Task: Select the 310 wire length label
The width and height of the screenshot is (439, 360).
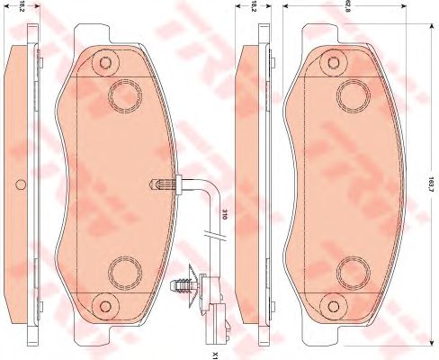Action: point(222,215)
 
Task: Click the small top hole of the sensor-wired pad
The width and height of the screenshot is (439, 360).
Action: point(107,62)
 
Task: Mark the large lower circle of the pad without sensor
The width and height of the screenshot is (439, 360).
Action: point(353,269)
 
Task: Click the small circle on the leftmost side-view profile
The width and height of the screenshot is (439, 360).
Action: point(20,187)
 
